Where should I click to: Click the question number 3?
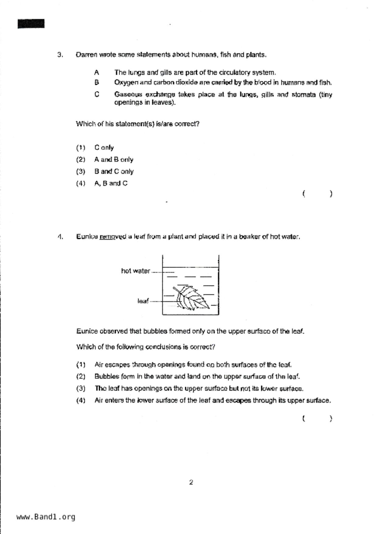pyautogui.click(x=60, y=55)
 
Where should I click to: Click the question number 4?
pyautogui.click(x=60, y=237)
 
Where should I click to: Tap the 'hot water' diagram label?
pyautogui.click(x=135, y=271)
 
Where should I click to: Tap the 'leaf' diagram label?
pyautogui.click(x=143, y=301)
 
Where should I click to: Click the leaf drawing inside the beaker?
pyautogui.click(x=192, y=298)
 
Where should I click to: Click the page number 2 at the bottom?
pyautogui.click(x=191, y=482)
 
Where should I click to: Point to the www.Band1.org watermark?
pyautogui.click(x=46, y=517)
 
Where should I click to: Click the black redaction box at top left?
pyautogui.click(x=31, y=24)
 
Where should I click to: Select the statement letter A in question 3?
pyautogui.click(x=96, y=73)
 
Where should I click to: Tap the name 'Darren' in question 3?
pyautogui.click(x=87, y=55)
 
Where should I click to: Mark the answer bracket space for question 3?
pyautogui.click(x=317, y=194)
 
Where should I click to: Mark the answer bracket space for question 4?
pyautogui.click(x=317, y=419)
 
